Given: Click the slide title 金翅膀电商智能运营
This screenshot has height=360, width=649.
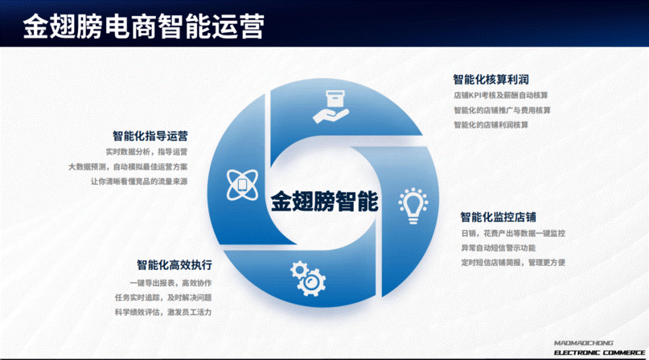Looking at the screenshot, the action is (x=144, y=26).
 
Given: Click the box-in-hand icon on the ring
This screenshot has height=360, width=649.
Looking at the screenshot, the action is (x=331, y=107).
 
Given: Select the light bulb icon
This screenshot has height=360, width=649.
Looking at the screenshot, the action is (x=413, y=206).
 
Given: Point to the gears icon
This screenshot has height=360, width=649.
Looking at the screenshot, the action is (x=308, y=278).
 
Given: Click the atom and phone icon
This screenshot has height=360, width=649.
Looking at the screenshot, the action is (x=242, y=185).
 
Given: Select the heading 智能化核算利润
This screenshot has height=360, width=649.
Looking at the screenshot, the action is (x=491, y=79).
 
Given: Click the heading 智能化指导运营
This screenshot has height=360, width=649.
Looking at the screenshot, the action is (x=150, y=136).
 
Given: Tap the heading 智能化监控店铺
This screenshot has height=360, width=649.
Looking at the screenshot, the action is (x=498, y=216).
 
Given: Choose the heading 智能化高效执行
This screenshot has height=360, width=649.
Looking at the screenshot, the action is (x=175, y=265).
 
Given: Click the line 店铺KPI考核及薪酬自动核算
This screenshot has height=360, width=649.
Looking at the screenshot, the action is (x=501, y=95).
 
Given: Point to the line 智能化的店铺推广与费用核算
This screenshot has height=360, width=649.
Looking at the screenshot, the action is (x=502, y=110).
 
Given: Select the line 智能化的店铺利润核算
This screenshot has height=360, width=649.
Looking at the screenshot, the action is (x=491, y=125).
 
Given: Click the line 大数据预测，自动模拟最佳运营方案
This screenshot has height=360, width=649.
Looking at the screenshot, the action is (x=128, y=167).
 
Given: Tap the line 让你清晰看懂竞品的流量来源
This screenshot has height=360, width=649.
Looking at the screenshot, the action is (x=139, y=181).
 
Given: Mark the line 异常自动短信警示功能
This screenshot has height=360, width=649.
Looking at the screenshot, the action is (x=498, y=247).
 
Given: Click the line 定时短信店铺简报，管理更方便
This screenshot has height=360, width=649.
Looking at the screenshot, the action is (x=513, y=262).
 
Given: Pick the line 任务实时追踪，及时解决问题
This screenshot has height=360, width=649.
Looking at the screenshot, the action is (x=163, y=297).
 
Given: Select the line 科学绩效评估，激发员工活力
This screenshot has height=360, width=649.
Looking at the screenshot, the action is (x=163, y=312).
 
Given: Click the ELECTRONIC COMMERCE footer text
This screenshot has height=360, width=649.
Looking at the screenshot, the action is (x=599, y=353).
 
